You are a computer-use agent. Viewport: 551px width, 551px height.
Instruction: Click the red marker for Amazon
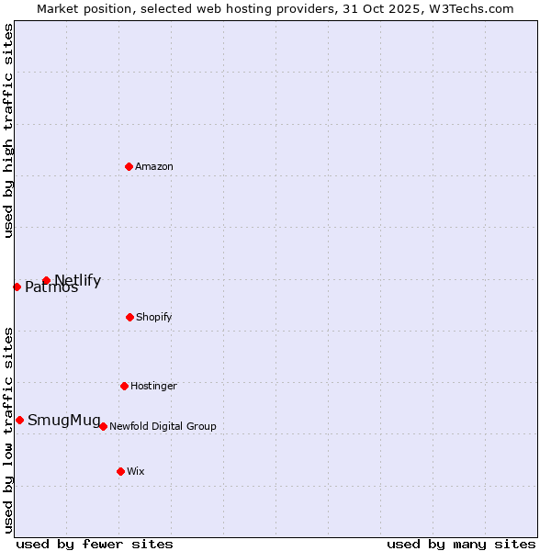pyautogui.click(x=129, y=166)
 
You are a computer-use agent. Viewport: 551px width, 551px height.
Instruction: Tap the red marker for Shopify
pyautogui.click(x=129, y=317)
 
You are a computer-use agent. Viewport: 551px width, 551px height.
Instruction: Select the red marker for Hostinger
pyautogui.click(x=124, y=386)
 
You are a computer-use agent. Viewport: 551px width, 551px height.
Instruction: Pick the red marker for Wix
pyautogui.click(x=120, y=471)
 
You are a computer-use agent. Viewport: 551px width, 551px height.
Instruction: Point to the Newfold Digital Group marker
pyautogui.click(x=103, y=426)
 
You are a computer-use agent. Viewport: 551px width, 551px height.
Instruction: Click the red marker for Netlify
pyautogui.click(x=46, y=280)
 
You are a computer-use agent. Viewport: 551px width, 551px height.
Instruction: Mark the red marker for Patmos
pyautogui.click(x=17, y=287)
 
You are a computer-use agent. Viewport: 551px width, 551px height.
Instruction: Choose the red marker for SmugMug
pyautogui.click(x=19, y=420)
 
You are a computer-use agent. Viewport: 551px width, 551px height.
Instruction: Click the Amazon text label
pyautogui.click(x=154, y=166)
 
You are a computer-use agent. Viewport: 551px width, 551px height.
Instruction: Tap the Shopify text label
pyautogui.click(x=154, y=317)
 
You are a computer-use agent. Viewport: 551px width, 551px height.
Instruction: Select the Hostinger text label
pyautogui.click(x=153, y=386)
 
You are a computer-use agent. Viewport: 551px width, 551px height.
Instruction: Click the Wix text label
pyautogui.click(x=136, y=471)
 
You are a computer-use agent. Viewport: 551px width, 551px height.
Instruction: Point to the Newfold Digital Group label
pyautogui.click(x=163, y=426)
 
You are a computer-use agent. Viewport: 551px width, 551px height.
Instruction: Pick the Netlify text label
pyautogui.click(x=78, y=280)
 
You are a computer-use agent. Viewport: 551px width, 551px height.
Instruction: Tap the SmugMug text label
pyautogui.click(x=64, y=421)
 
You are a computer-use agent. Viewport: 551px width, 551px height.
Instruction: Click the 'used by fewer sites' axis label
pyautogui.click(x=95, y=544)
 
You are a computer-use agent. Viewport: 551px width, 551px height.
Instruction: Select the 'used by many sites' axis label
pyautogui.click(x=461, y=544)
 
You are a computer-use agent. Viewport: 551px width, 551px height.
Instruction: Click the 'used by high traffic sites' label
pyautogui.click(x=8, y=131)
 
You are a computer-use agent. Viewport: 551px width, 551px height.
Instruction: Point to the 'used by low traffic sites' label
pyautogui.click(x=8, y=430)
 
